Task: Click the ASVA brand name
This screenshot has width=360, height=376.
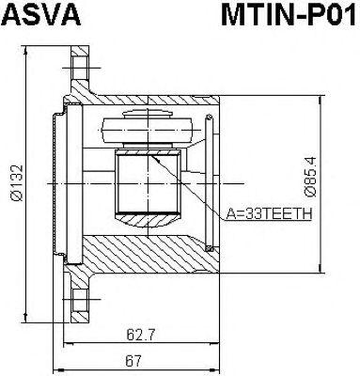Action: [x=45, y=16]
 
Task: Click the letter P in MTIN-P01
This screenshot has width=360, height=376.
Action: [x=302, y=16]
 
